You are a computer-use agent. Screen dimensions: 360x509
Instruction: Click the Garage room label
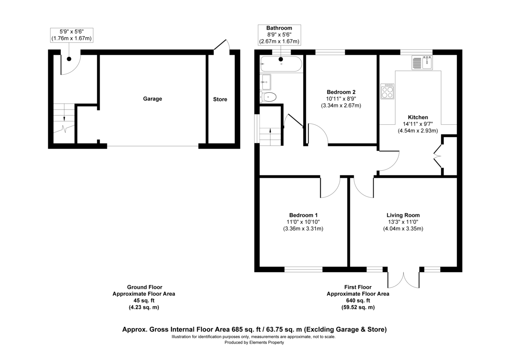pos(152,99)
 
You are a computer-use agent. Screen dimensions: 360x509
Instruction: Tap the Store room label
pos(220,99)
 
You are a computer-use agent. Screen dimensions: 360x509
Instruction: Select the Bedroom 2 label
pos(341,92)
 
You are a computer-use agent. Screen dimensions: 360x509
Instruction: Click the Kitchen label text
pos(418,117)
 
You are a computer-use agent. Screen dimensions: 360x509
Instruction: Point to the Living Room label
pos(403,215)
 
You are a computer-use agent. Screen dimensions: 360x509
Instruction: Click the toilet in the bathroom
pos(268,97)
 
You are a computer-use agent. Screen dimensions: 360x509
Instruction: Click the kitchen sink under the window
pos(422,63)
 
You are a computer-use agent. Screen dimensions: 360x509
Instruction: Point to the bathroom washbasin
pos(266,80)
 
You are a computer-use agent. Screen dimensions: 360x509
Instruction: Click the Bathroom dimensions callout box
pos(279,35)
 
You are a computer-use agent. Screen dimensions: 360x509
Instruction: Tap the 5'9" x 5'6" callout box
pos(71,35)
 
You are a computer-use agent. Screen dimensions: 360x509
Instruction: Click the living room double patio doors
pos(404,278)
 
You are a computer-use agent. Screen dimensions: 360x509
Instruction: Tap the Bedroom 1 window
pos(303,269)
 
